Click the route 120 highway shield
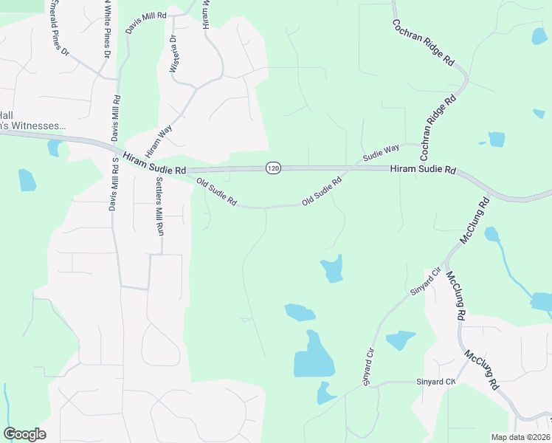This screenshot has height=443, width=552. point(273,168)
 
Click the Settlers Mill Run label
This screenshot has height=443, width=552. point(159,206)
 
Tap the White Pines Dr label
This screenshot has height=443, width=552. point(104,30)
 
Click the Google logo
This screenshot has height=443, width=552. point(24,434)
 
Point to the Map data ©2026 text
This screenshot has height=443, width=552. point(520,437)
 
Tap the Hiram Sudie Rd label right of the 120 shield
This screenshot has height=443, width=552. point(422,170)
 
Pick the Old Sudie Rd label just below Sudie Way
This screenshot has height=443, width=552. point(322,191)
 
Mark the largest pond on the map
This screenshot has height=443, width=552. point(313,357)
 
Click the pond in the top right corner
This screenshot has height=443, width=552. point(539,35)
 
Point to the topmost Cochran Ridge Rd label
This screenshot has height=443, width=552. point(423,42)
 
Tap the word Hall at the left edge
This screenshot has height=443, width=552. point(6,114)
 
